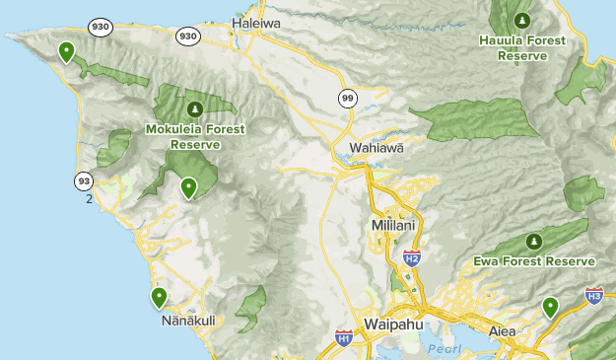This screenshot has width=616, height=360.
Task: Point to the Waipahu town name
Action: click(393, 324)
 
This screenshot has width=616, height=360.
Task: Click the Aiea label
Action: click(502, 331)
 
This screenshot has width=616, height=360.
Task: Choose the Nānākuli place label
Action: click(187, 321)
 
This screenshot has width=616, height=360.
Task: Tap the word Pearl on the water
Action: click(444, 349)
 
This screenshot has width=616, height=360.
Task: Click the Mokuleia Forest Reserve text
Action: click(194, 136)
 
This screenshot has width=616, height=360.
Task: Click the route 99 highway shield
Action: click(348, 98)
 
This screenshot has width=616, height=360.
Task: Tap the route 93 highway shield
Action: click(84, 180)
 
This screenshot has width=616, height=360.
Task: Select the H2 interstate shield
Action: click(412, 258)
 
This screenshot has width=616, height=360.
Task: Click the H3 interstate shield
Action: click(593, 295)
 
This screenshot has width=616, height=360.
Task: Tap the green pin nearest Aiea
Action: click(550, 308)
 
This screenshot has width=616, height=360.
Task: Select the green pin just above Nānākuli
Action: click(159, 297)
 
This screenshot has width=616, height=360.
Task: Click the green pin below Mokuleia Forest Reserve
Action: click(188, 187)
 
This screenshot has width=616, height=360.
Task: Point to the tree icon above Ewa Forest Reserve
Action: click(533, 241)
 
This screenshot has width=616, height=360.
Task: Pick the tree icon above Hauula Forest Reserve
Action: click(521, 20)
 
